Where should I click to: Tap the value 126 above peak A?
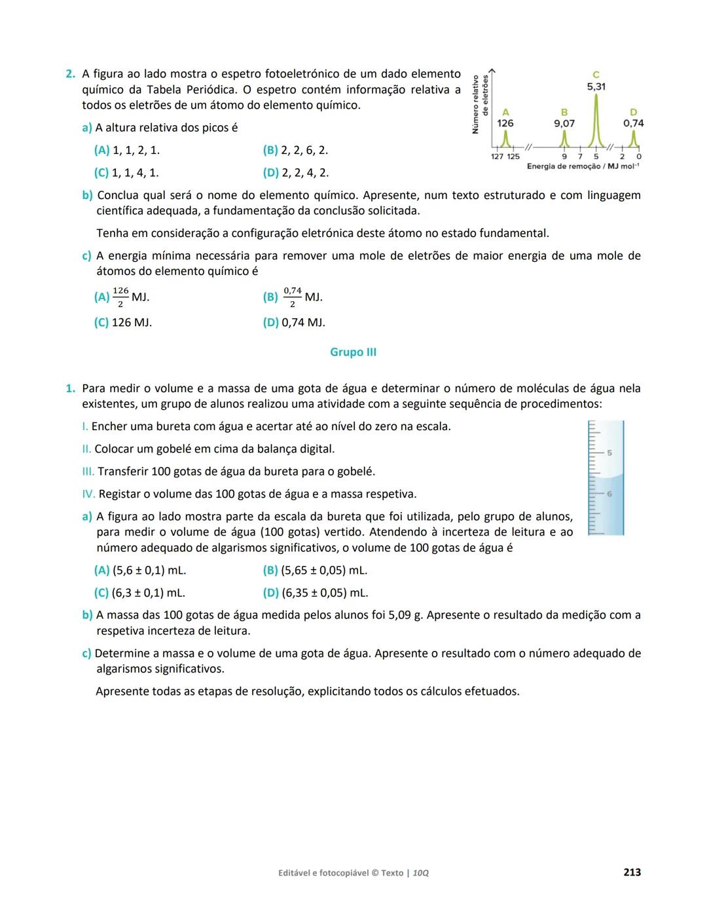tap(505, 123)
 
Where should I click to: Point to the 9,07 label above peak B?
tap(564, 123)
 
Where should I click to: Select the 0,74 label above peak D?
tap(633, 123)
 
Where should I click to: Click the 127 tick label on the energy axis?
tap(498, 156)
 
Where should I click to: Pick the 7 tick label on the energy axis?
tap(579, 156)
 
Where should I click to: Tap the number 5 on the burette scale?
tap(609, 452)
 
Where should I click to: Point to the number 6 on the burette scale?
tap(609, 494)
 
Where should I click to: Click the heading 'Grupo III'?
tap(353, 352)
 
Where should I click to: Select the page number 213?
tap(632, 872)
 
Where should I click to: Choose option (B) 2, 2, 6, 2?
tap(295, 151)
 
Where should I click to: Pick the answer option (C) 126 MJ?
tap(123, 323)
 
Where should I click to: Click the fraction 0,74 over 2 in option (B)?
tap(293, 297)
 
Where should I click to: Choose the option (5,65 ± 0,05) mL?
tap(315, 570)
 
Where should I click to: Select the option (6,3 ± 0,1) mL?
tap(139, 593)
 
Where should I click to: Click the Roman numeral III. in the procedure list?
tap(88, 471)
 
